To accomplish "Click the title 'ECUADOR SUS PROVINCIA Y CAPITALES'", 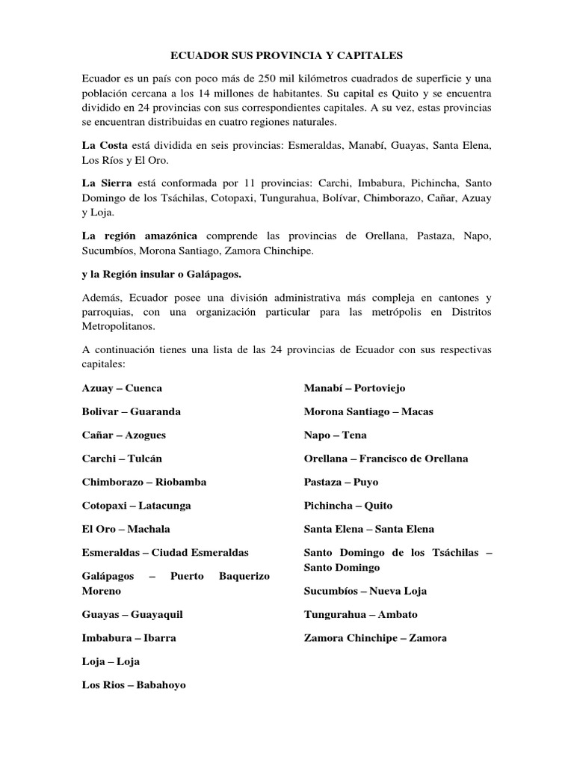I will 287,55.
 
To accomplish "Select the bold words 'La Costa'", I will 105,144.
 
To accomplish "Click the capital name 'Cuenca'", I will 144,388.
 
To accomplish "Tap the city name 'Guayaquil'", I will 157,614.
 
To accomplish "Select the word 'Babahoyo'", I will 161,684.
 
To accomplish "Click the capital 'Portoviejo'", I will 379,388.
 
